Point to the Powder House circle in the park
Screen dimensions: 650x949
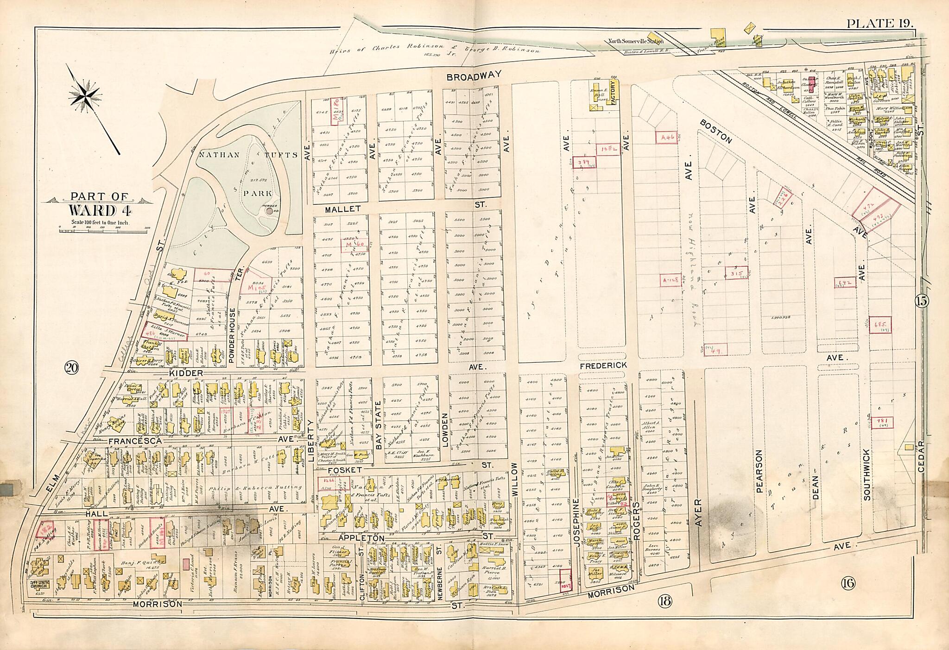pos(269,211)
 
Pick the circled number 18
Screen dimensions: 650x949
pos(664,602)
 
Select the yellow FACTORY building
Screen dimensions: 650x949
pos(614,92)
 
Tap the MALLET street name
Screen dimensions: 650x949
pos(340,210)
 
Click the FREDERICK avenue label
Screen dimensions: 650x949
pos(603,366)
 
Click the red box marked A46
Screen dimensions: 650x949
pos(667,137)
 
